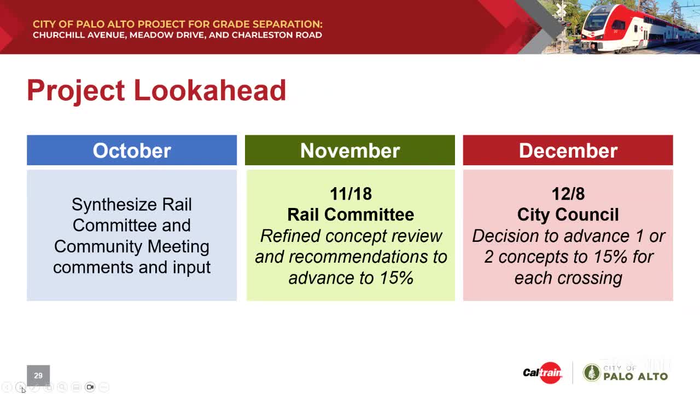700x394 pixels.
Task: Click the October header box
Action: [x=132, y=150]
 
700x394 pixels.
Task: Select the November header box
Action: [x=350, y=150]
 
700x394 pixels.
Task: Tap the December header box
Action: [x=568, y=150]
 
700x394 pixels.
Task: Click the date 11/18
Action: [x=351, y=194]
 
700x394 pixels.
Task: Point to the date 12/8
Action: [x=568, y=194]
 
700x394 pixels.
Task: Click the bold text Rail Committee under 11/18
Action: [x=351, y=215]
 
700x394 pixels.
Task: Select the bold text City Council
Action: [x=568, y=215]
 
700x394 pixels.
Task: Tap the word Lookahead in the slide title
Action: [x=210, y=90]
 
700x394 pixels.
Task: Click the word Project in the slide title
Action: [x=75, y=90]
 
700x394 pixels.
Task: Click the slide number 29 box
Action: [x=38, y=375]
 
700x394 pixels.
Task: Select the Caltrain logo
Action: [x=542, y=373]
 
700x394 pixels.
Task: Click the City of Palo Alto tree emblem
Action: [x=591, y=373]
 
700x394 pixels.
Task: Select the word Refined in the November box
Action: [x=290, y=236]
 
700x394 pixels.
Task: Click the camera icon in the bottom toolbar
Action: [x=90, y=387]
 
